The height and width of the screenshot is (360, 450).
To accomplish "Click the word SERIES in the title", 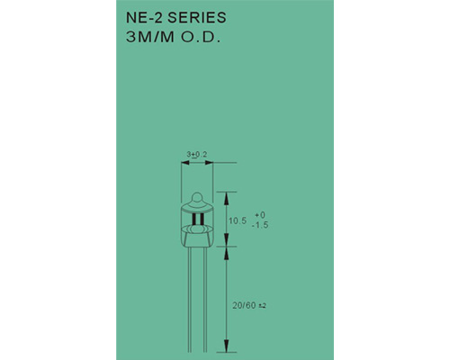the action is coord(196,18).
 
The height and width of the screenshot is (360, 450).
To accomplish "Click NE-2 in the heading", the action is coord(144,18).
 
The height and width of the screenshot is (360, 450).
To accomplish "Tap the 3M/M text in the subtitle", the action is coord(150,38).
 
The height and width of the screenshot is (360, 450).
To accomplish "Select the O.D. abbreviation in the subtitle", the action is coord(200,38).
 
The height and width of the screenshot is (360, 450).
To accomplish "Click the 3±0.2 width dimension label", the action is coord(197,155).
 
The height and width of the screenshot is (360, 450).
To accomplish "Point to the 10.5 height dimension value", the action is coord(238,221).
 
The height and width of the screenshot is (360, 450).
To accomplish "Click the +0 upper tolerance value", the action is coord(260,215).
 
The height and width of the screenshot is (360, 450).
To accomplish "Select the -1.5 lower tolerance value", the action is coord(260,225).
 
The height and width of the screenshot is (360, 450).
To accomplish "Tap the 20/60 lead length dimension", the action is coord(244,306).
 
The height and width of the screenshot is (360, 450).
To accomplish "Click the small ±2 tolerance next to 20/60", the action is coord(262,306).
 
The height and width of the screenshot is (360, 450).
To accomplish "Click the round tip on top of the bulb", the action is coord(197,197).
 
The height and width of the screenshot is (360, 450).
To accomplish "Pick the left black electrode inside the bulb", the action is coord(193,219).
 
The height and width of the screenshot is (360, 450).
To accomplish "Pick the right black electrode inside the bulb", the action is coord(202,219).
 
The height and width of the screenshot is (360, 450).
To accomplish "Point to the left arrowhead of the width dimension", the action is coord(185,163).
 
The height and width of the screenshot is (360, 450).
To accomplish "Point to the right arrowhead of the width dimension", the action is coord(209,163).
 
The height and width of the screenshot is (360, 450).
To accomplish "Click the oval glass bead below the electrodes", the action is coord(197,229).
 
